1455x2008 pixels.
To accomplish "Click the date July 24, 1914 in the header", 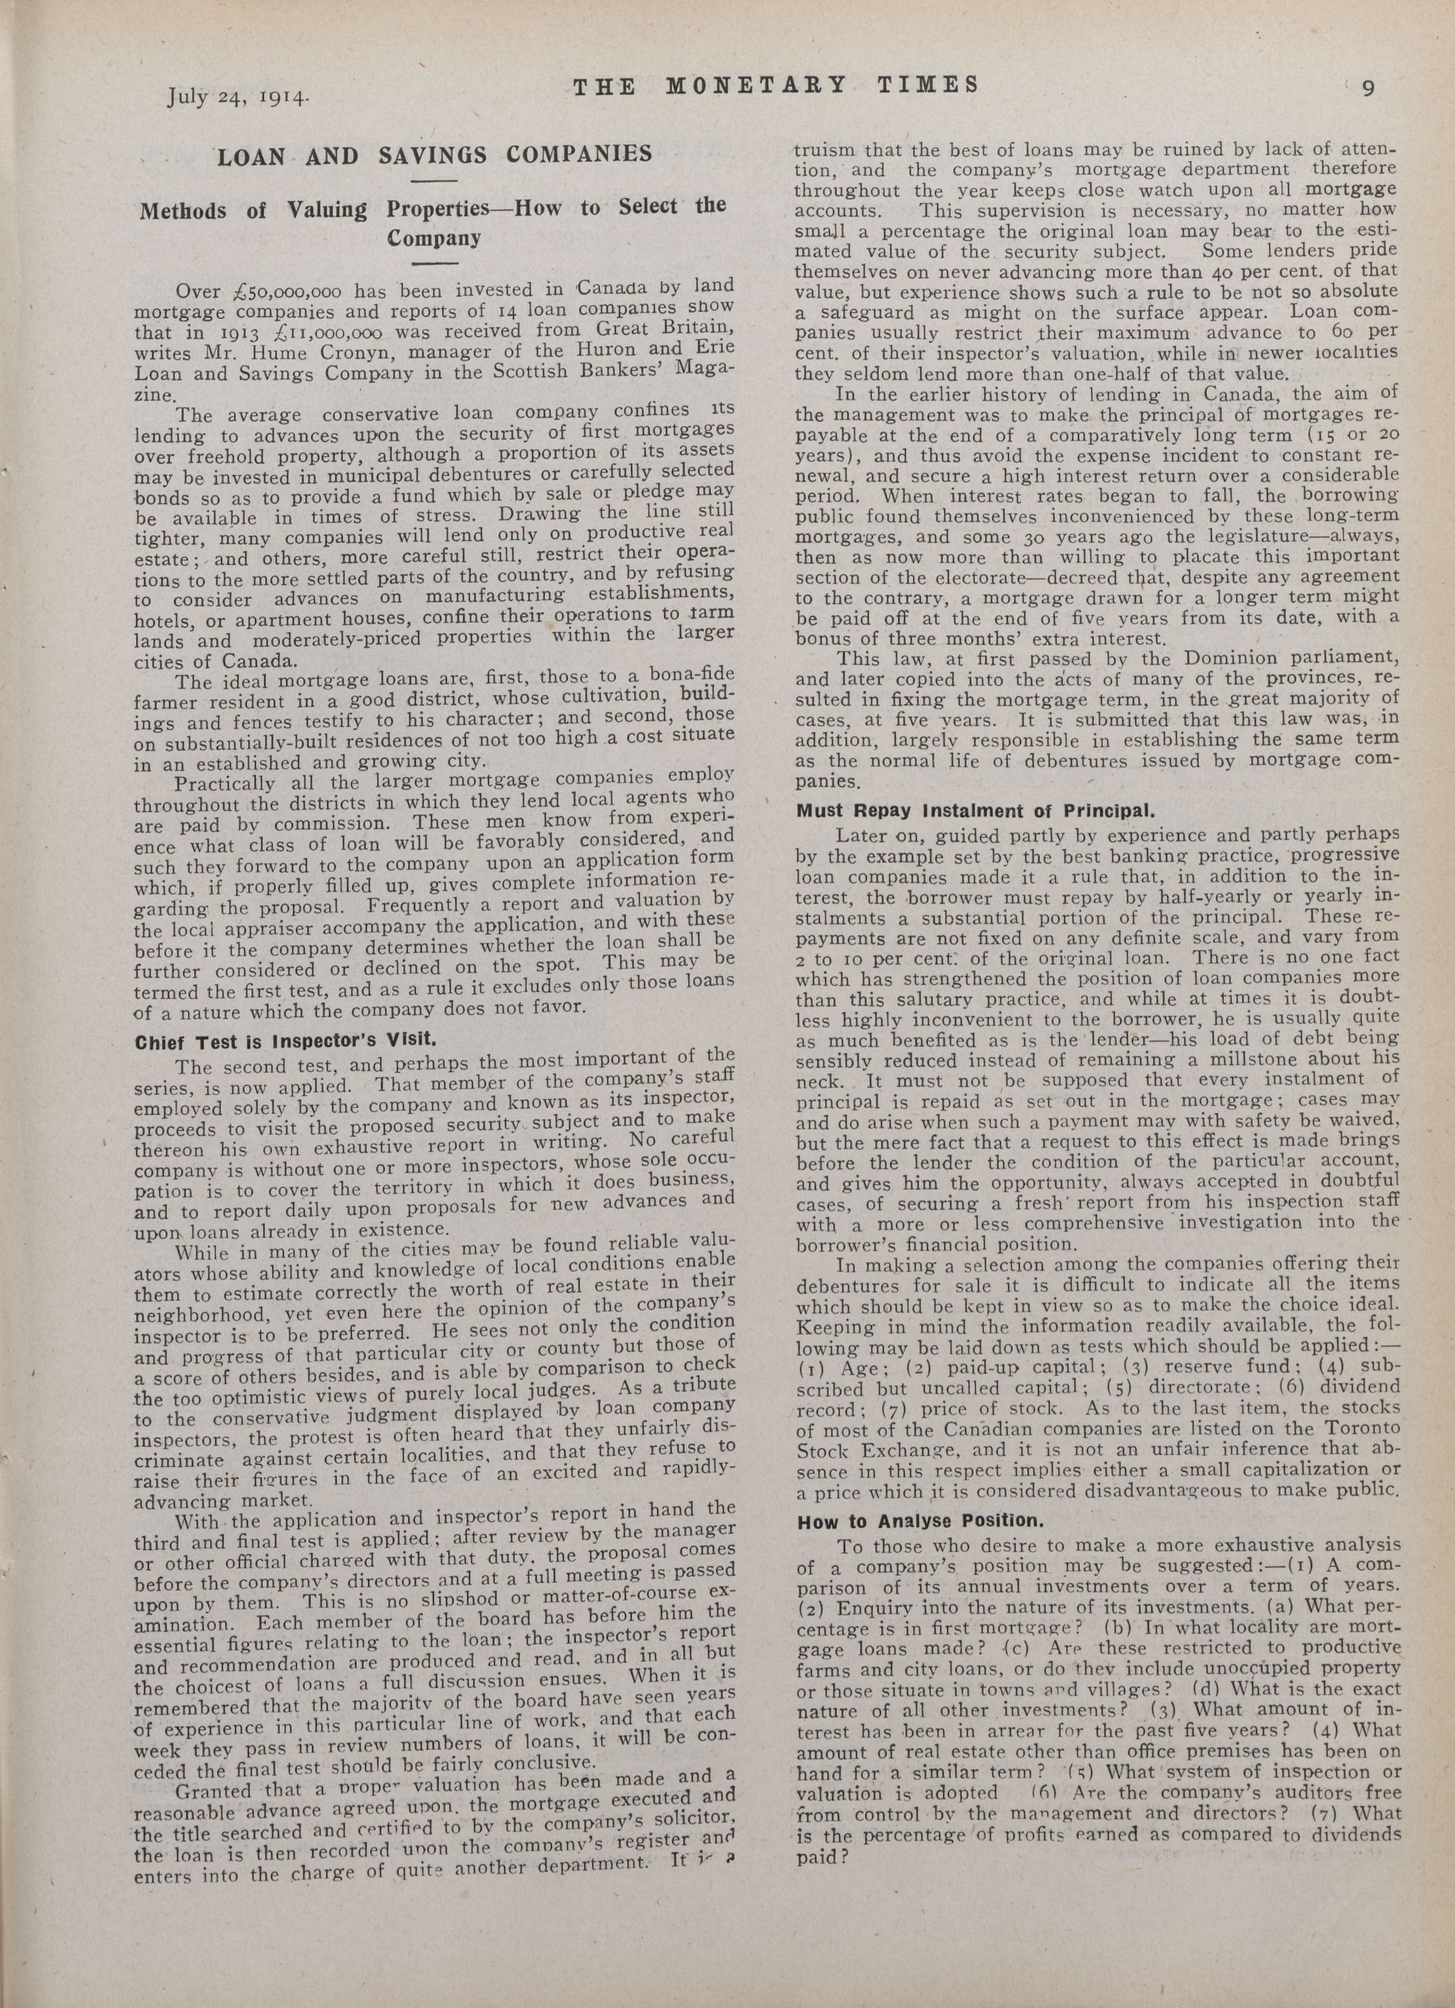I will (238, 95).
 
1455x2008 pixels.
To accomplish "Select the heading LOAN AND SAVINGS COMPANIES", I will (435, 156).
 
